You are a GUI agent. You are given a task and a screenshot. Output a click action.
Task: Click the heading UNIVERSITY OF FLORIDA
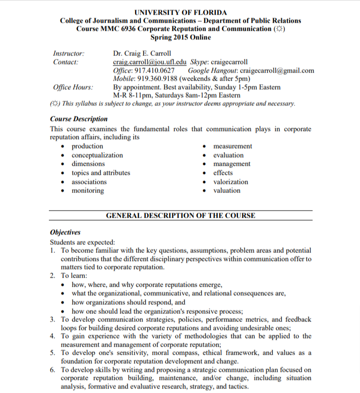[181, 12]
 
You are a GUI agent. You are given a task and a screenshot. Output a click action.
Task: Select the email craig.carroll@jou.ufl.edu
[150, 62]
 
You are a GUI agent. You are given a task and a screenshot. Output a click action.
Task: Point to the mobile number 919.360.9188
[162, 79]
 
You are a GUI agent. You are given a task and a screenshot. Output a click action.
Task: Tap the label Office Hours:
[73, 87]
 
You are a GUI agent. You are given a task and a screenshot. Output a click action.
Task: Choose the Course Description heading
[79, 119]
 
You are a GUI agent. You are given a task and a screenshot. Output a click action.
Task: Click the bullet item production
[87, 146]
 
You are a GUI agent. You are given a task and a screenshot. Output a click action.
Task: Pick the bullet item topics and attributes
[101, 173]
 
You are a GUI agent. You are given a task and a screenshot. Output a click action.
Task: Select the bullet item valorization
[230, 182]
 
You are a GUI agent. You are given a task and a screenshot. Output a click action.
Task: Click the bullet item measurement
[232, 146]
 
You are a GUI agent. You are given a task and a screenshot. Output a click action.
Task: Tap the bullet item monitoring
[88, 190]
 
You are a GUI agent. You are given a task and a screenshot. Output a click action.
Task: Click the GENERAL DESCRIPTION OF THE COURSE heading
[181, 216]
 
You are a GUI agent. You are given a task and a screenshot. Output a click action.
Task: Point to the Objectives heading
[66, 232]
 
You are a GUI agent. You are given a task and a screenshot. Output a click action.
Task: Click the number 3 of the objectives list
[53, 319]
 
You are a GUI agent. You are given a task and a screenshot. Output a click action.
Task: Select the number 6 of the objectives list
[53, 370]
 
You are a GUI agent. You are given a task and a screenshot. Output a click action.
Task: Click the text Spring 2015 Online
[180, 37]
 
